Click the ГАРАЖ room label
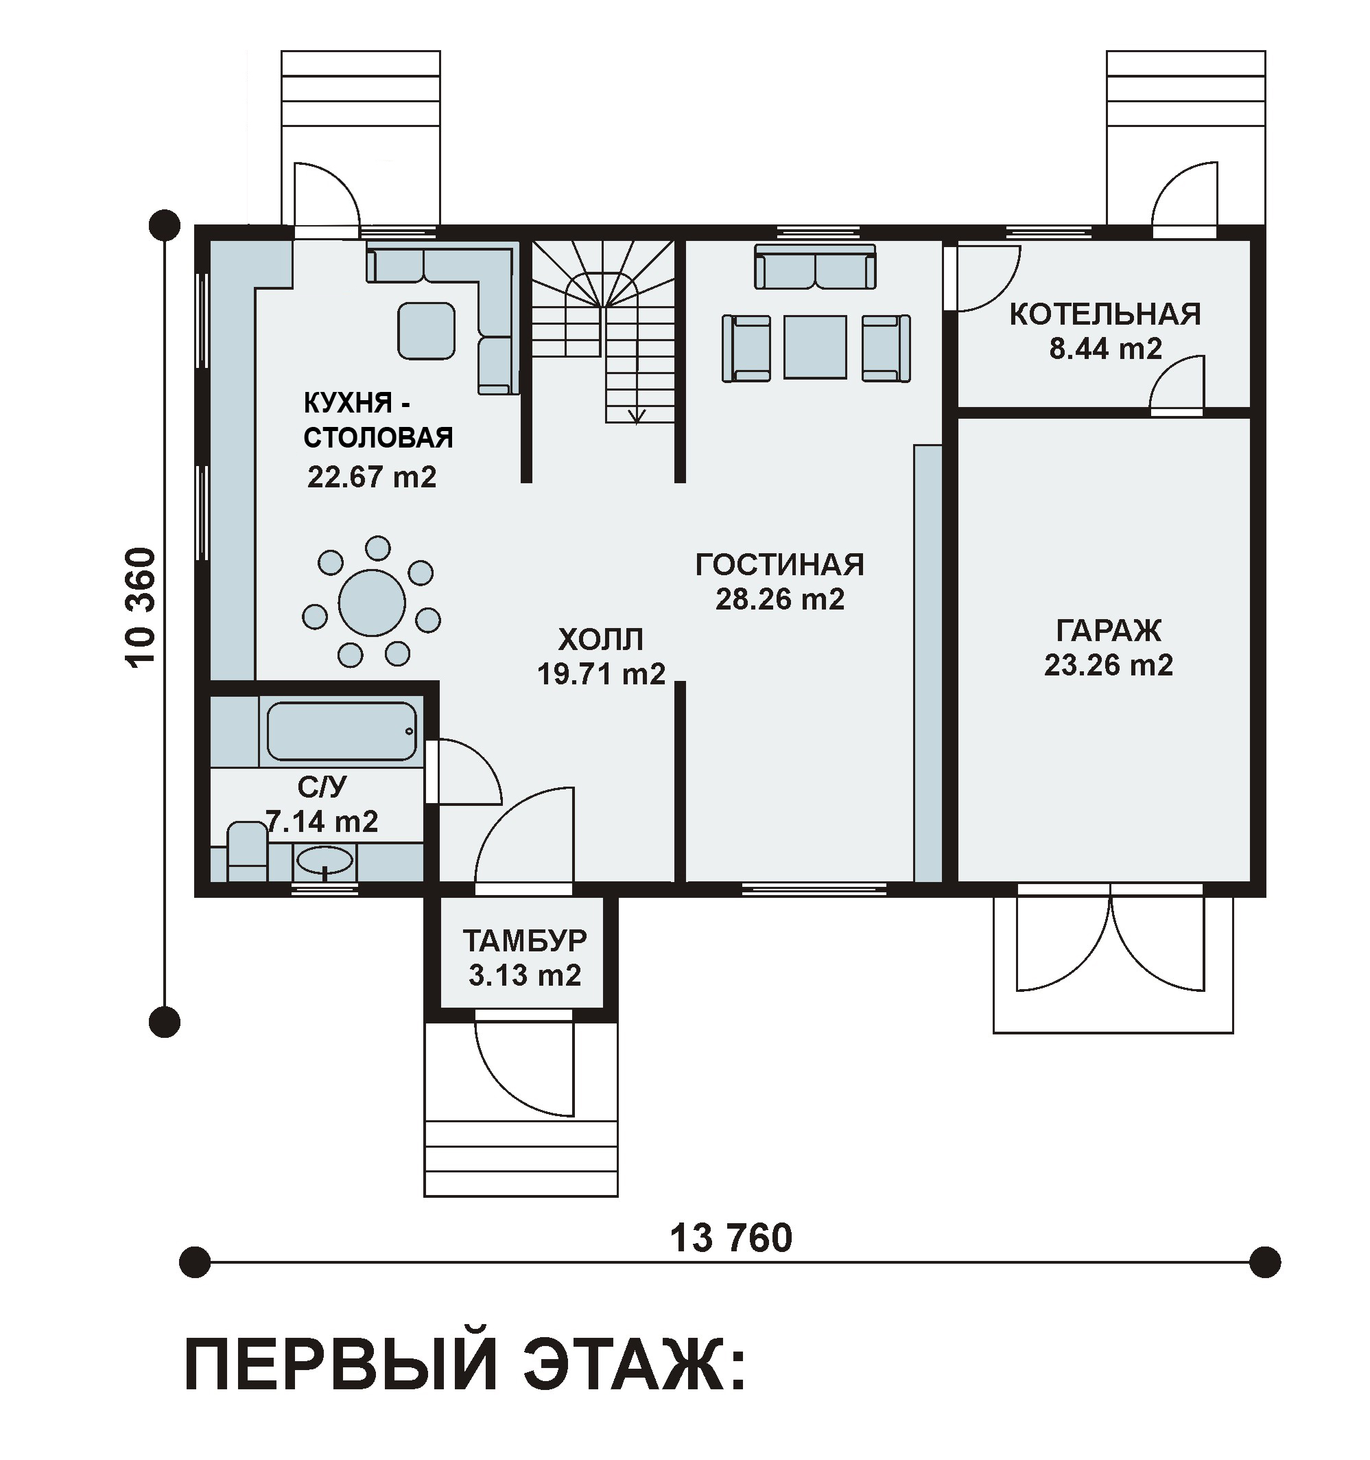point(1109,631)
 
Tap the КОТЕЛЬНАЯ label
point(1105,314)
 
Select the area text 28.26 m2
point(780,599)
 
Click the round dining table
point(373,602)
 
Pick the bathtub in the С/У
point(342,732)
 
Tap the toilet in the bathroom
point(248,852)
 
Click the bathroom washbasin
point(325,861)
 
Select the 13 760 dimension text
point(731,1238)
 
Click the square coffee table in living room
point(815,347)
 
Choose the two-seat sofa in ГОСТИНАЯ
point(815,266)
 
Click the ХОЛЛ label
point(600,639)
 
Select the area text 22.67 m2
point(372,477)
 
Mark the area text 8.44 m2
point(1106,349)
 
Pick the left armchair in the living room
point(746,348)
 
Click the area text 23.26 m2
point(1109,665)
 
